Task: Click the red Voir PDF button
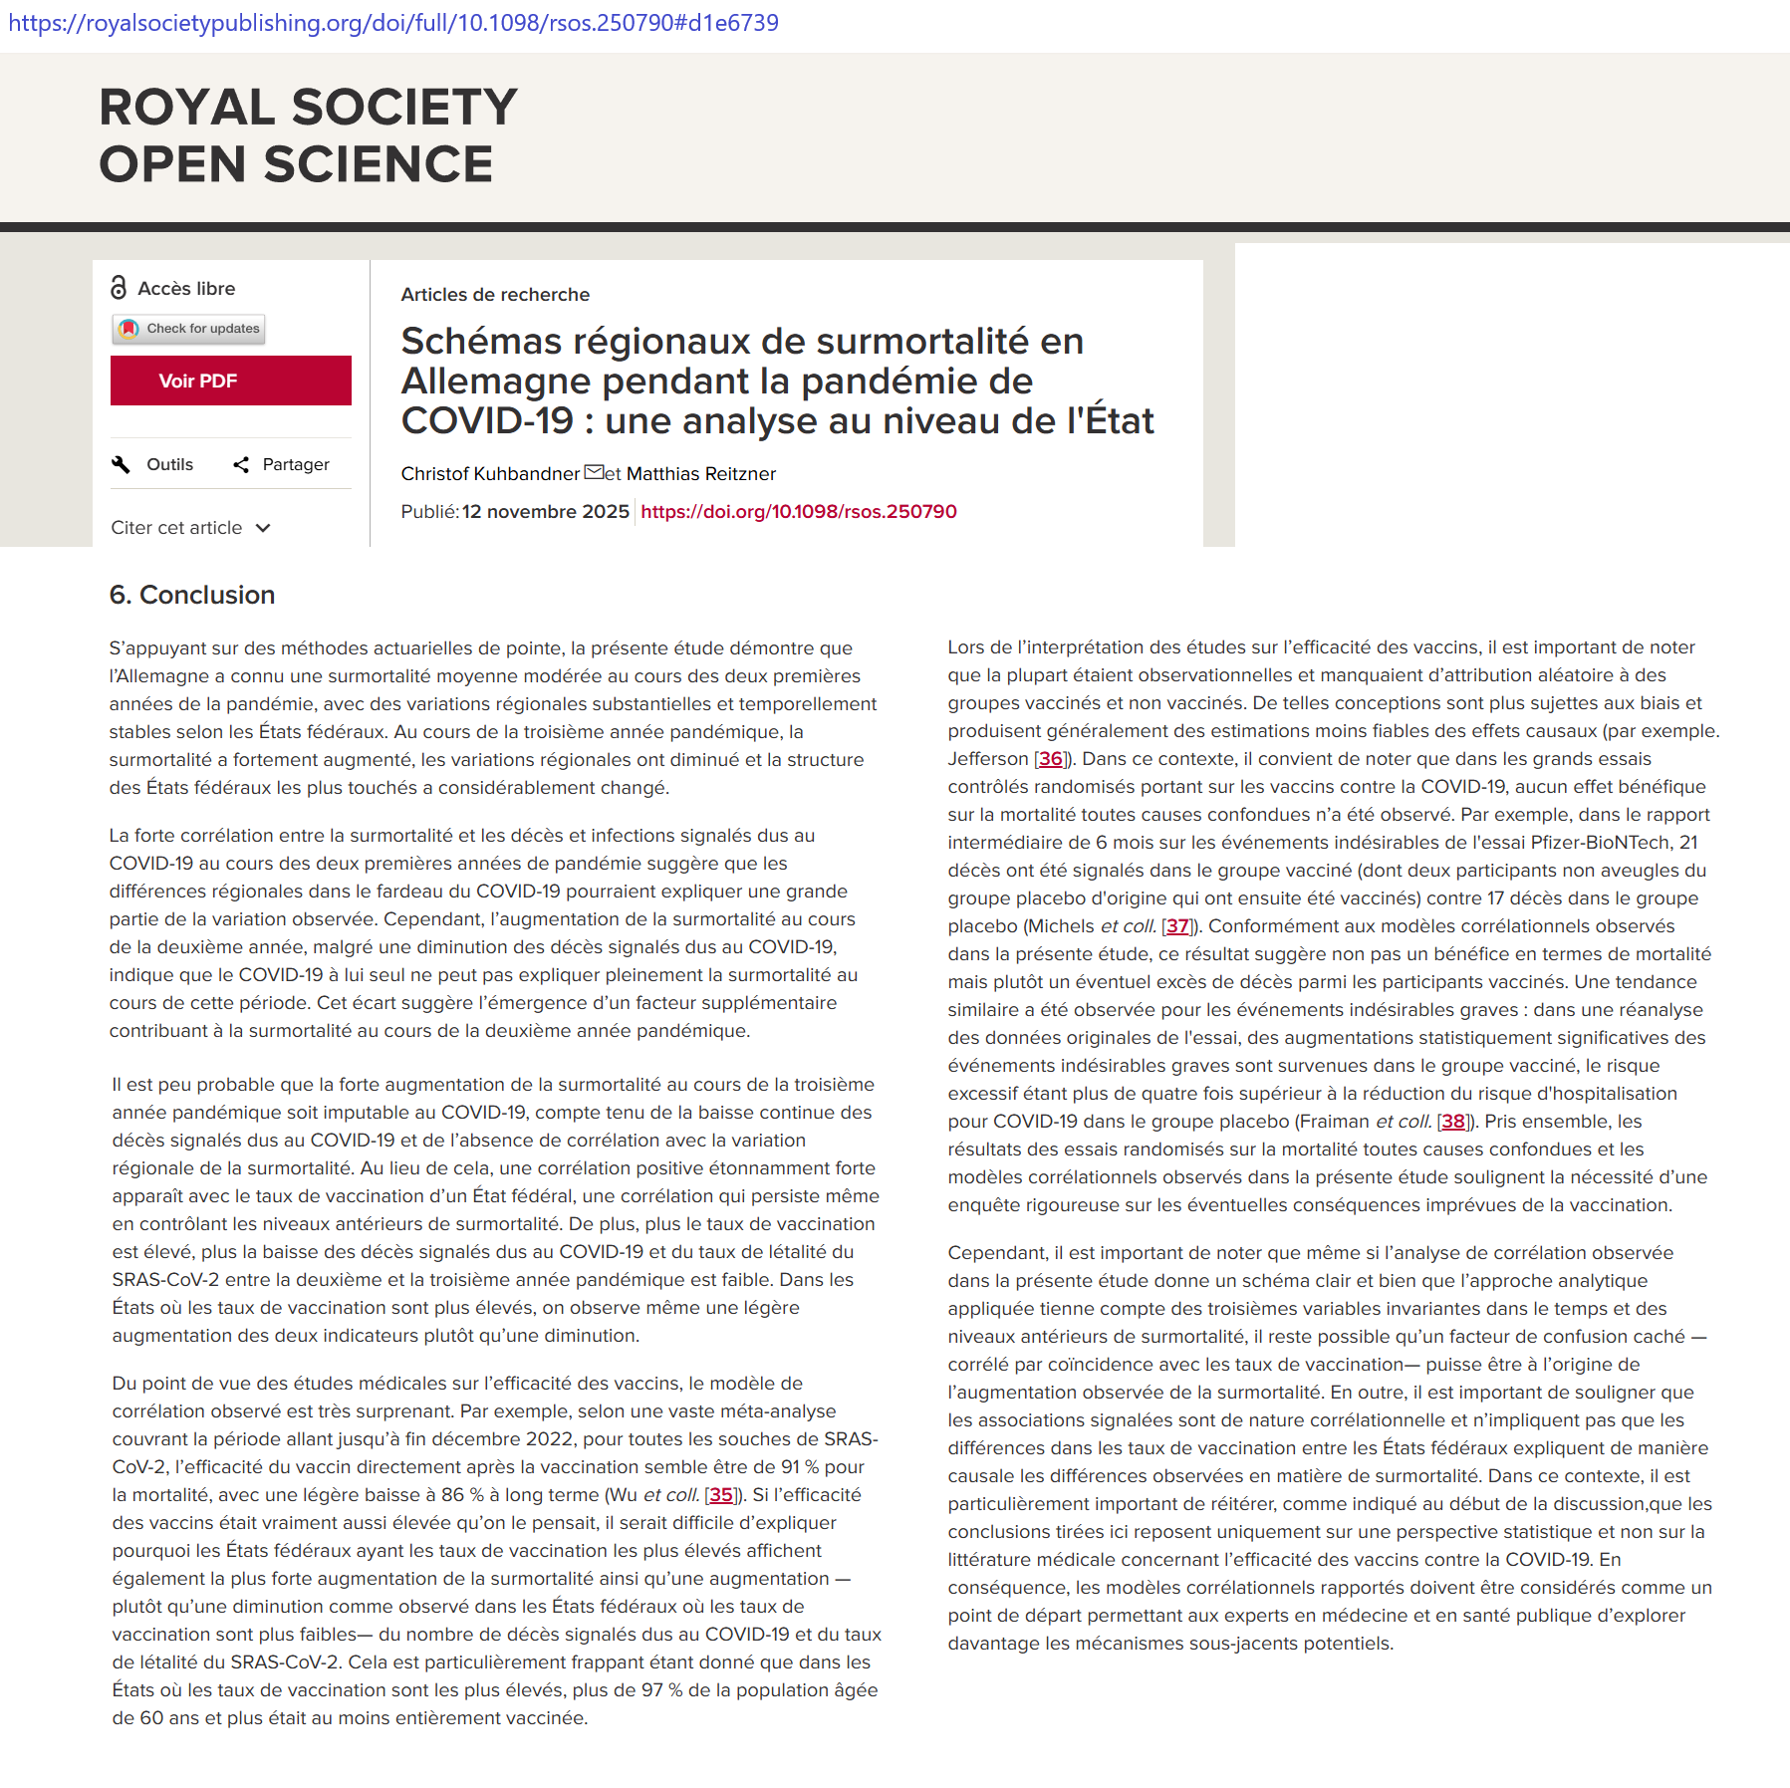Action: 230,381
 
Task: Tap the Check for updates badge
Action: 189,329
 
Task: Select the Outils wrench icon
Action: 122,464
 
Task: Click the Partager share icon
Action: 241,464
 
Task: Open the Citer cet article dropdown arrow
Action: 263,528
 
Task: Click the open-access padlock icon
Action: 119,288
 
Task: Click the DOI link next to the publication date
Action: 798,511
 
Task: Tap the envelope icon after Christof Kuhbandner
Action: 594,472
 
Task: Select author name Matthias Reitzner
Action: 700,473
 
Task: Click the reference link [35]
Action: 720,1494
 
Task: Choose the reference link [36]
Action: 1050,758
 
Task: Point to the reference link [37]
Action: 1177,925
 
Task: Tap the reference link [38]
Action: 1453,1121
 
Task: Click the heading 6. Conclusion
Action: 192,595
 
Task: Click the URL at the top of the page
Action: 393,23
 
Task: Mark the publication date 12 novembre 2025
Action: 545,511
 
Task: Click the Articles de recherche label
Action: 495,294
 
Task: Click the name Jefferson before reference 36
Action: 987,758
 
